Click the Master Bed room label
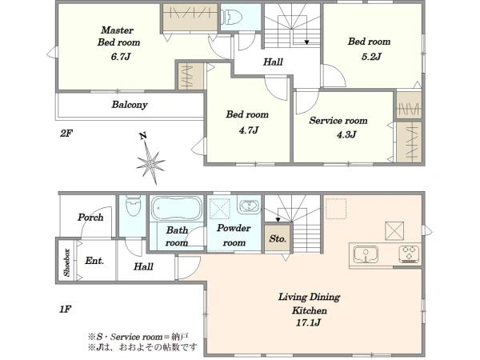tap(118, 36)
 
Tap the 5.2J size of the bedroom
tap(371, 57)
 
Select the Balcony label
tap(130, 105)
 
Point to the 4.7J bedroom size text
tap(249, 130)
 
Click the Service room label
tap(338, 121)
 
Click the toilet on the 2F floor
tap(232, 17)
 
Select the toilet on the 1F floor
tap(133, 205)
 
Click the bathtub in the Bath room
tap(177, 208)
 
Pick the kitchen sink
tap(366, 254)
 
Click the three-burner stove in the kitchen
tap(409, 254)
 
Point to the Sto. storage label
tap(278, 238)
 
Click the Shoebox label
tap(67, 262)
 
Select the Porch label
tap(90, 218)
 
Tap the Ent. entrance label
tap(94, 261)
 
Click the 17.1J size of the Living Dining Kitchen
tap(308, 322)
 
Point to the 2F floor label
tap(66, 133)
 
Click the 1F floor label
tap(66, 309)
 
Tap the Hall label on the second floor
tap(273, 62)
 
